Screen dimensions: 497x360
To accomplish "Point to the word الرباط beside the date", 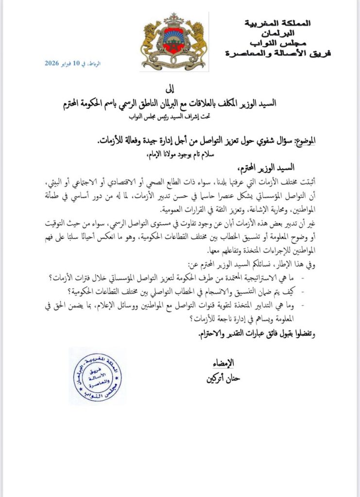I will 95,64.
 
